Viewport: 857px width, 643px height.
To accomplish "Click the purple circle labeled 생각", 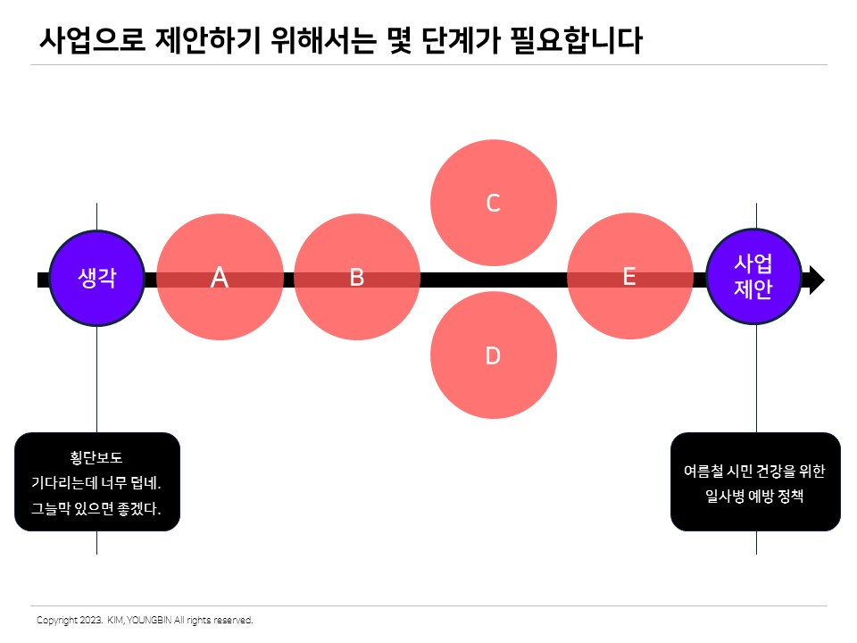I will click(x=96, y=278).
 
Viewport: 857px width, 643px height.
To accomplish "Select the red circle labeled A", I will click(x=220, y=278).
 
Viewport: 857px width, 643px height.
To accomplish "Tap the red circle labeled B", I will click(x=356, y=278).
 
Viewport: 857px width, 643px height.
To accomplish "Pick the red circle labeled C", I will click(x=493, y=204).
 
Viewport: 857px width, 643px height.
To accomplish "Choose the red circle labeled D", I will click(x=493, y=356).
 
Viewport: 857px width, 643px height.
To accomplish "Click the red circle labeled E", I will click(x=629, y=277).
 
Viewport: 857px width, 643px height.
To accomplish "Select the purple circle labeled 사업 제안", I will click(x=753, y=277).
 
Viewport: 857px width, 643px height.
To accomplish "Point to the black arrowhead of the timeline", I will click(x=814, y=280).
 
